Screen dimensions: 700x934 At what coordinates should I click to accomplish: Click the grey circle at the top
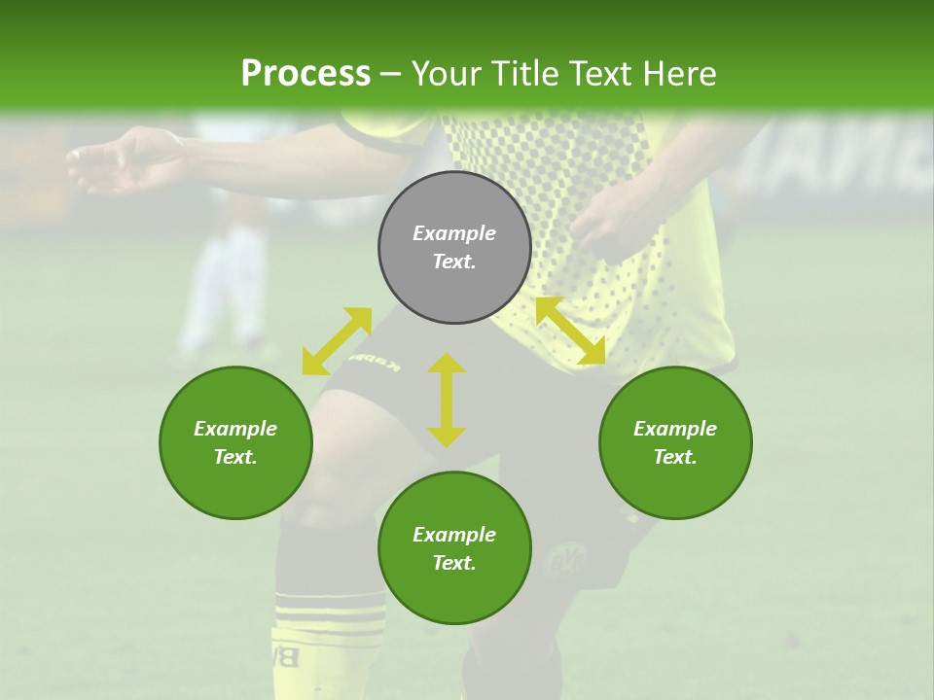point(454,247)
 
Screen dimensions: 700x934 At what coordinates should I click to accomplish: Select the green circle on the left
point(235,442)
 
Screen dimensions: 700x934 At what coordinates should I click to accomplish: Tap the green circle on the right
point(675,442)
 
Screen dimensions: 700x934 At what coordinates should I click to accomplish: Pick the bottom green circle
point(454,548)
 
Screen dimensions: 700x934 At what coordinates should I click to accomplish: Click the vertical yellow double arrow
point(447,400)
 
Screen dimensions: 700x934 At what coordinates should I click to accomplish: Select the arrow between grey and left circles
point(337,341)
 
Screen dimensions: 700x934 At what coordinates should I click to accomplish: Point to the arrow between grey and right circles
point(570,332)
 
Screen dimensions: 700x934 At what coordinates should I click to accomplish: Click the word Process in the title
point(305,73)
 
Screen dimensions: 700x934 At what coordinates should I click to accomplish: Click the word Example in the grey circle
point(454,233)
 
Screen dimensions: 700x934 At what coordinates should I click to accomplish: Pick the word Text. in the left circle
point(235,457)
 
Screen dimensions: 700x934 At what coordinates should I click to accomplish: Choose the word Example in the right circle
point(675,429)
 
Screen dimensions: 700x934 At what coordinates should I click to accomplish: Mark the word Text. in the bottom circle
point(454,563)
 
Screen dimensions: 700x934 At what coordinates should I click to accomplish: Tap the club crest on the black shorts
point(563,561)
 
